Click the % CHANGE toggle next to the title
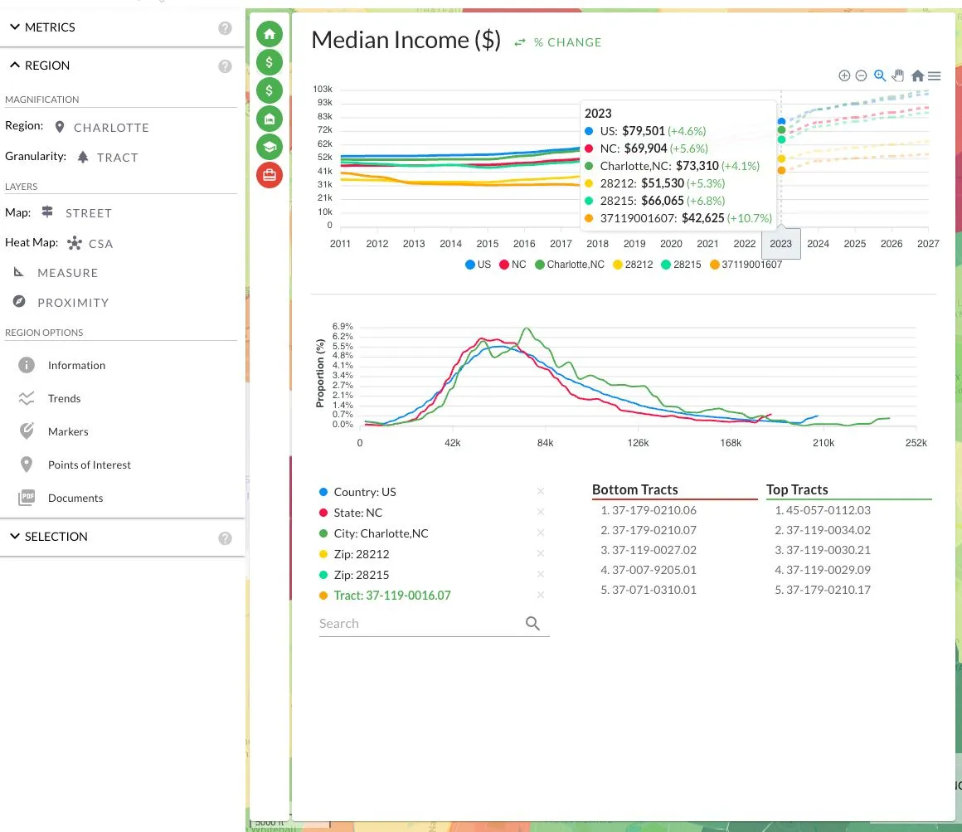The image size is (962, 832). pos(557,42)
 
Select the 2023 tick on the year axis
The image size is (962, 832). pos(780,244)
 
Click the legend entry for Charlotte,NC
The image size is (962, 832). pos(570,265)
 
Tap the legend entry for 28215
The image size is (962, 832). pos(681,265)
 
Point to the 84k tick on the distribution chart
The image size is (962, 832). pos(545,443)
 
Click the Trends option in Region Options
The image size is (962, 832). pos(64,398)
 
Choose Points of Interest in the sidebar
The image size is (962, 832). pos(89,465)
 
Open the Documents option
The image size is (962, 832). pos(75,498)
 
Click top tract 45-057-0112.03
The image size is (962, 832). pos(822,510)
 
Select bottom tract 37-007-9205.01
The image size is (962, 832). pos(649,570)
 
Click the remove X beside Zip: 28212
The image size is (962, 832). pos(541,553)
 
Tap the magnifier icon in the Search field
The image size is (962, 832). pos(532,624)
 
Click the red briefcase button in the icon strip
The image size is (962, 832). pos(270,175)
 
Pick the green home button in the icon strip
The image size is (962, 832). pos(270,34)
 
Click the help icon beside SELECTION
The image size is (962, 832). pos(226,538)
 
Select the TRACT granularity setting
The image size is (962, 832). pos(117,158)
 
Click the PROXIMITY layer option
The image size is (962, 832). pos(73,303)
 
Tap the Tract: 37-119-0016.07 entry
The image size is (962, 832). pos(392,595)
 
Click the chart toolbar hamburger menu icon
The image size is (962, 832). pos(935,75)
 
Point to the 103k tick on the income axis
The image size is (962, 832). pos(323,89)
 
